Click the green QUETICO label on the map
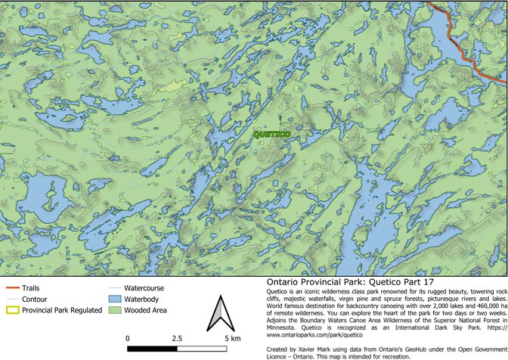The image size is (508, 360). click(271, 134)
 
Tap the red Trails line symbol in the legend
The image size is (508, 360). click(11, 288)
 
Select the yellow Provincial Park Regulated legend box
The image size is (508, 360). click(11, 309)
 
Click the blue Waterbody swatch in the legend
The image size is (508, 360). click(113, 299)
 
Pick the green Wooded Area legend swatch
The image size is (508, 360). click(113, 309)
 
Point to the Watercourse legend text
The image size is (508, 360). click(144, 288)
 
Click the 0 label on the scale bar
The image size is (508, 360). click(127, 338)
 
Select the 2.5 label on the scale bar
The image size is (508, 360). click(179, 338)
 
